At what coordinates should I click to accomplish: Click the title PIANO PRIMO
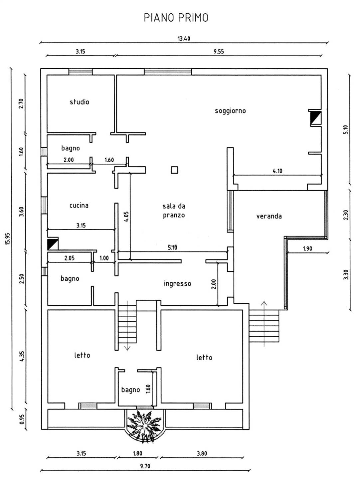176,18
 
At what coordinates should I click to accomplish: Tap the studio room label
79,102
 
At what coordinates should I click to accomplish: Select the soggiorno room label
230,111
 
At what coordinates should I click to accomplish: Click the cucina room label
79,205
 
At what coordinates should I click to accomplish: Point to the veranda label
269,216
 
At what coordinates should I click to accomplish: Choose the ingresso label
177,284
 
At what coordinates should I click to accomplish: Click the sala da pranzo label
174,211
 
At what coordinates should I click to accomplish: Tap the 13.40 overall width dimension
184,39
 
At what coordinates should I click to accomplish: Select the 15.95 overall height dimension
8,238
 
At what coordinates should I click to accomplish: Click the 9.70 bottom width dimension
145,466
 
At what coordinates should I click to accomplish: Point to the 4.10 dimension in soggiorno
277,171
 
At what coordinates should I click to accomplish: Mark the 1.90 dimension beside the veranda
307,248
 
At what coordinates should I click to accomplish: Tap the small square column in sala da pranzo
174,170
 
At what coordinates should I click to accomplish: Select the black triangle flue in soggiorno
315,118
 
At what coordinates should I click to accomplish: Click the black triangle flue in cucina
53,244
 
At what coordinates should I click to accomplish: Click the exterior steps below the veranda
264,326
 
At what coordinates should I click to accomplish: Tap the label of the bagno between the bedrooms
130,390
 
